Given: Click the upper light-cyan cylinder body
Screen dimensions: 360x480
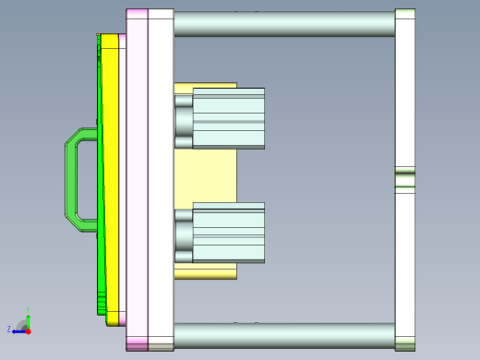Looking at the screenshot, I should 228,118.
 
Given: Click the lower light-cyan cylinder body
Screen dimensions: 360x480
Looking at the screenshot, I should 228,232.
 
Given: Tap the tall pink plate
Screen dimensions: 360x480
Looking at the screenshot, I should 137,180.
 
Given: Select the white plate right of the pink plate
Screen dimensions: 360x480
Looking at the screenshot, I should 161,180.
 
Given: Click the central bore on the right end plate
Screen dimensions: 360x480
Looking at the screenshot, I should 405,178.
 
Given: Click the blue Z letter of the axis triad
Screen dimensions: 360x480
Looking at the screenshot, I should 9,329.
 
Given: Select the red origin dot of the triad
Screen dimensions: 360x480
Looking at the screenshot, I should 28,330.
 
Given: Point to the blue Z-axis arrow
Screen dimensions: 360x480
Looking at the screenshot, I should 18,330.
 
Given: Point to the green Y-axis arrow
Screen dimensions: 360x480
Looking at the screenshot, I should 28,320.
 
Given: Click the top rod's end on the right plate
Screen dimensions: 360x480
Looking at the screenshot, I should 405,23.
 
